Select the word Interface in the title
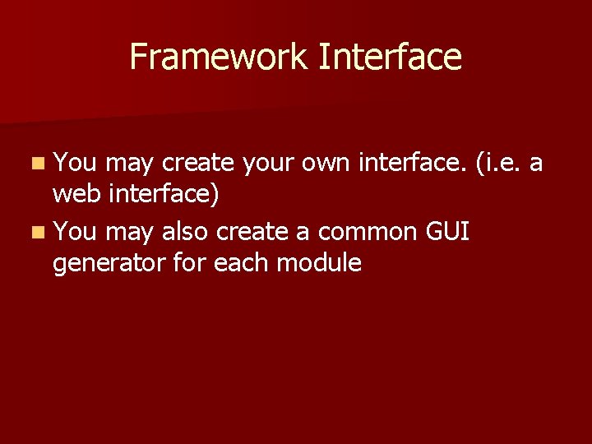[x=390, y=58]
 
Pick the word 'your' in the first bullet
[x=270, y=164]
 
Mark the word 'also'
[x=185, y=233]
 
